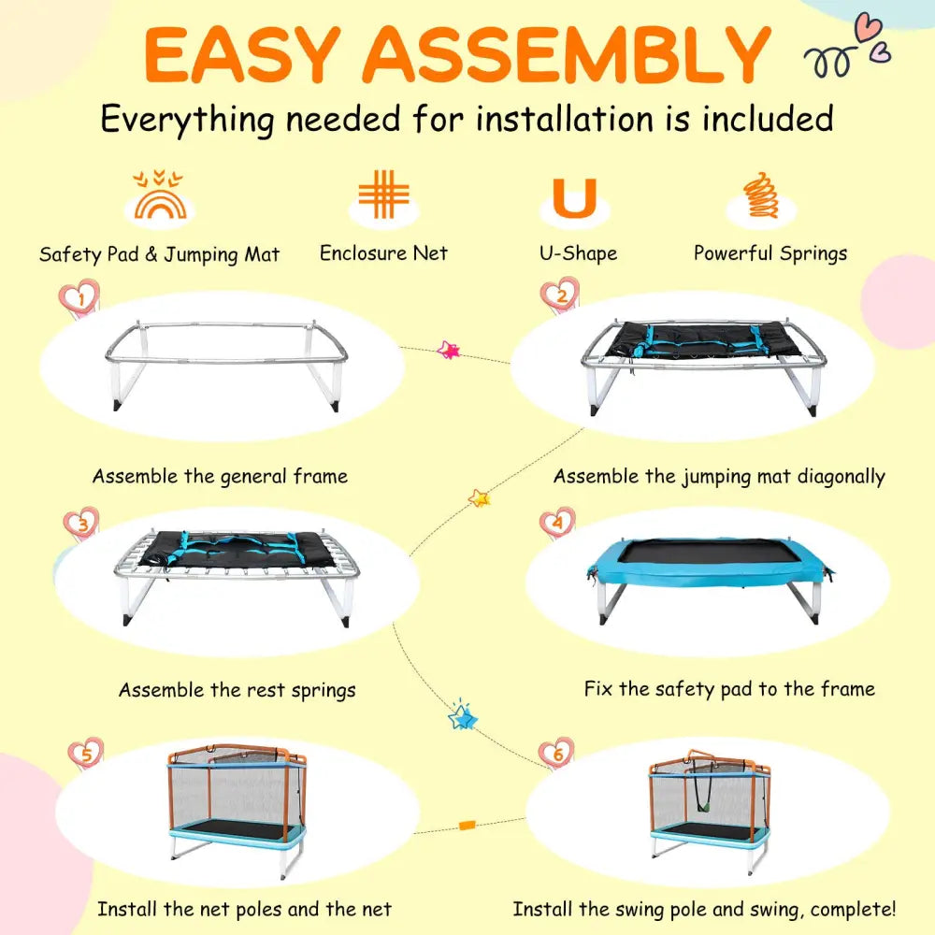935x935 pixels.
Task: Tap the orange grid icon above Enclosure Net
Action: point(384,194)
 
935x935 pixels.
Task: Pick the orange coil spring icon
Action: point(761,195)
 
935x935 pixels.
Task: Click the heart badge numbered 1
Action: point(79,298)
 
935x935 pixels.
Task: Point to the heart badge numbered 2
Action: point(560,295)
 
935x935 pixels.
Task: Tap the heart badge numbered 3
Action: point(81,524)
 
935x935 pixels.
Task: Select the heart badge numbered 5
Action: point(86,754)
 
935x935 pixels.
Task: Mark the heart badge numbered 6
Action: point(556,754)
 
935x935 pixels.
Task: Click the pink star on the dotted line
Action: point(449,350)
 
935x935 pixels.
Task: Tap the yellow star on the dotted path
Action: point(479,497)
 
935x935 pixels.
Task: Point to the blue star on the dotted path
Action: point(463,716)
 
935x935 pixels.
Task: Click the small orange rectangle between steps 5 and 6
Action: point(467,825)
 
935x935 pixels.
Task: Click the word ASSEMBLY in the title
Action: point(568,54)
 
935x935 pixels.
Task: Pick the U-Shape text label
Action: point(579,253)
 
